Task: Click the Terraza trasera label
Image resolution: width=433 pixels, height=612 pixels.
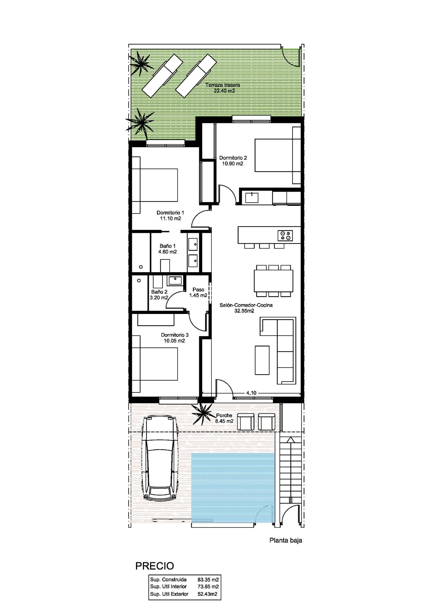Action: pos(223,85)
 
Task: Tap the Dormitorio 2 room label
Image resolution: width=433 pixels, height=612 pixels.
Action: pos(233,158)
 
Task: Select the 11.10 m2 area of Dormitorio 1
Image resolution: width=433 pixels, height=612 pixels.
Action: pos(170,219)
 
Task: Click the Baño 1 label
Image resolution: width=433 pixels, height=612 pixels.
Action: pos(168,246)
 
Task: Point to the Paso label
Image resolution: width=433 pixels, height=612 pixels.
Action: pos(198,290)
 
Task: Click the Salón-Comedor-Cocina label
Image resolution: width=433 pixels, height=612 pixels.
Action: pos(246,305)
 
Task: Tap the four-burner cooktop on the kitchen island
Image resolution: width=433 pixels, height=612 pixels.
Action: pos(285,235)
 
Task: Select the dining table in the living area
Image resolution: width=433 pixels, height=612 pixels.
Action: pos(274,281)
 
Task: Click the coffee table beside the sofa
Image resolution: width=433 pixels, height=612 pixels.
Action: pos(262,360)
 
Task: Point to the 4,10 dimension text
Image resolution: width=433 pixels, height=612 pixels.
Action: pos(251,393)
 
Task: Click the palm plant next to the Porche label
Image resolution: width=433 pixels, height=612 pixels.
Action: pos(202,414)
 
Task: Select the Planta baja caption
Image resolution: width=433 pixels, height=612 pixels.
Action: pos(286,540)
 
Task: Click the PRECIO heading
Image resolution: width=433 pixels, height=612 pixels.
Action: pos(155,566)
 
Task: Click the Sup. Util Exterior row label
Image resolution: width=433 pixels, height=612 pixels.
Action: pos(169,594)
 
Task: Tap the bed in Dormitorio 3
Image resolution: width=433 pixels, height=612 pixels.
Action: pos(155,364)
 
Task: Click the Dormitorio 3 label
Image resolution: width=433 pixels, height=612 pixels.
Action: pos(175,335)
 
